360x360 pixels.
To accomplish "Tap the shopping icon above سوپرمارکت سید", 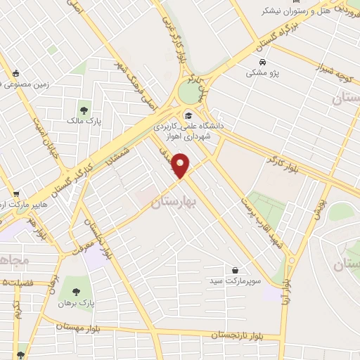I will pyautogui.click(x=235, y=270).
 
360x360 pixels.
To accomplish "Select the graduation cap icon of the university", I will pyautogui.click(x=188, y=115).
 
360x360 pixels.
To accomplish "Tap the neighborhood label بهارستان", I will pyautogui.click(x=176, y=202).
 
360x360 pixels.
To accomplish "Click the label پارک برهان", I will pyautogui.click(x=75, y=303).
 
